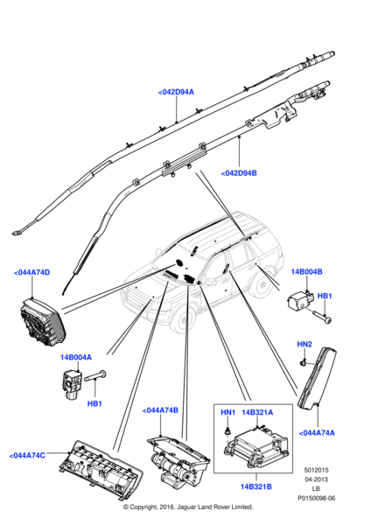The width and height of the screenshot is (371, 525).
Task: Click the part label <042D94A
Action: [176, 92]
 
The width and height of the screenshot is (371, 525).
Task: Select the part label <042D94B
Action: [239, 173]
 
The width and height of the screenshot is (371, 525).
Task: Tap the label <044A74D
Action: [31, 272]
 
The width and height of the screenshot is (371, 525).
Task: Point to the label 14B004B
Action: [307, 271]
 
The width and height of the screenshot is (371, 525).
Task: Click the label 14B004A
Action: [75, 357]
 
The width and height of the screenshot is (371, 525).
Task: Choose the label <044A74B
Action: [160, 410]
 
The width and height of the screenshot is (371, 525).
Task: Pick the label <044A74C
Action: [27, 456]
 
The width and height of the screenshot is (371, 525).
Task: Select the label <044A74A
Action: [317, 433]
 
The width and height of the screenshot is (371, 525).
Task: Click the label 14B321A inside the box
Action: [257, 412]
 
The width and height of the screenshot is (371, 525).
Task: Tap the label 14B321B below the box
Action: [256, 486]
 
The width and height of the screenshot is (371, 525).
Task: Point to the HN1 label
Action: [228, 412]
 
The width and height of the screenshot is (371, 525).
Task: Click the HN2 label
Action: [304, 344]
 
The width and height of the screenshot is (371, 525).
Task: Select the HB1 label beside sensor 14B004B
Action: [324, 296]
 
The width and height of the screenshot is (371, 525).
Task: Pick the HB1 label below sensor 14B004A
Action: [94, 403]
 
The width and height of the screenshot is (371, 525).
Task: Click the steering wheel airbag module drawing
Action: [43, 322]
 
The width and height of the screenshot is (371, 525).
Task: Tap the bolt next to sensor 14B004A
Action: [94, 376]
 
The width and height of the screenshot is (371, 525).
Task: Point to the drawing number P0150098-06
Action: [317, 498]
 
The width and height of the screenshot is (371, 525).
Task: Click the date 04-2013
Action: [316, 479]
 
